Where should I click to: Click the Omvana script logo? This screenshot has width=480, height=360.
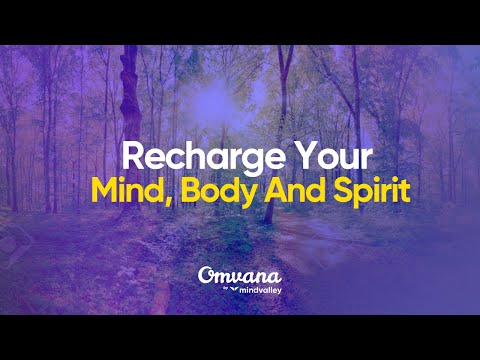(x=239, y=273)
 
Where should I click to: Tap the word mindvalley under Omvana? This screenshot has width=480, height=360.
(x=253, y=288)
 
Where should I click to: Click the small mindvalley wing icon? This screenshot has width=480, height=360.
(x=232, y=288)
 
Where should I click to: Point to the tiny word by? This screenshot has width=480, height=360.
(x=222, y=288)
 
